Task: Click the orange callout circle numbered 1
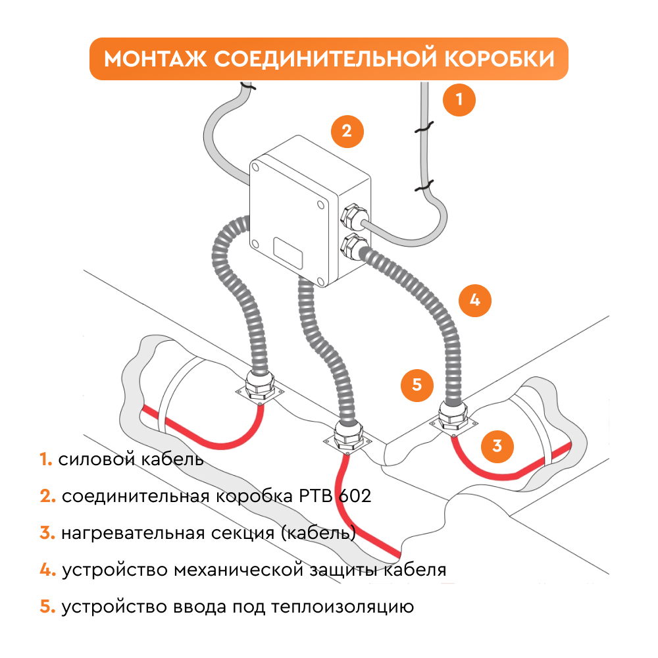(x=459, y=100)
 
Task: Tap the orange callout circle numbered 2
(x=347, y=131)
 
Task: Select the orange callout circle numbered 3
(x=497, y=445)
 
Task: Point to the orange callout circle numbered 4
(x=475, y=300)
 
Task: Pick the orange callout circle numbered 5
(x=417, y=384)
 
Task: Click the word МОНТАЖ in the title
(x=155, y=59)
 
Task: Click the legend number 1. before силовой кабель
(x=45, y=459)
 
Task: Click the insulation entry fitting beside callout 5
(x=453, y=416)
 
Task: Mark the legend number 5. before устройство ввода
(x=47, y=607)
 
